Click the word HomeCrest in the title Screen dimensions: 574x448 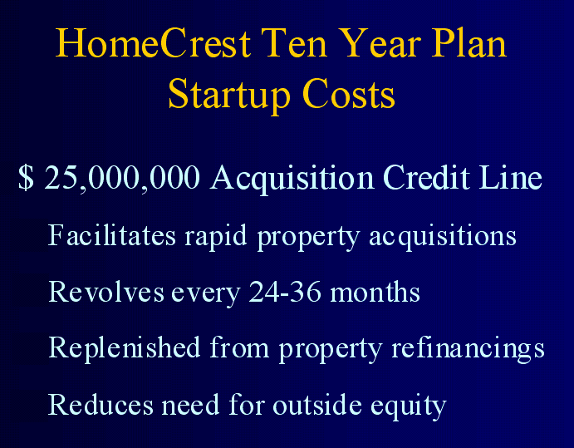click(x=153, y=43)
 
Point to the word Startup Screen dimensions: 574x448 click(x=229, y=95)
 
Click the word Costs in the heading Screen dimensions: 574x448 click(x=349, y=94)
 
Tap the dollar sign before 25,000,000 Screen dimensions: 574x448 click(x=26, y=178)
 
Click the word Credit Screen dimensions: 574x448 click(x=426, y=177)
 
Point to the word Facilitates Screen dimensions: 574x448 click(x=112, y=235)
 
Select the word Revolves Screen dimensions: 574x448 click(x=106, y=292)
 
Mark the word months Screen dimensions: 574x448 click(x=375, y=292)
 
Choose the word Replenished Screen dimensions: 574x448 click(x=124, y=349)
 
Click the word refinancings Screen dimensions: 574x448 click(x=469, y=349)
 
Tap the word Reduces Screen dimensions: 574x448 click(x=101, y=405)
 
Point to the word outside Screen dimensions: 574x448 click(x=317, y=405)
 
